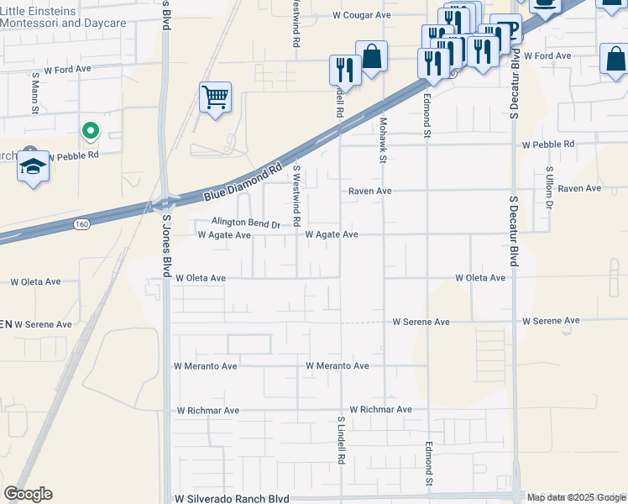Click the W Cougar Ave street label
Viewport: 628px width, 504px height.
(x=362, y=15)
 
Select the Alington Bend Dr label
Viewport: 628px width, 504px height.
(x=245, y=223)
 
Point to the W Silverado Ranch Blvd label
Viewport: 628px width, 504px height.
(x=232, y=498)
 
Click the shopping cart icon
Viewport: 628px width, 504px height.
(x=216, y=97)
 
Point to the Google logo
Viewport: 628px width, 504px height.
(x=28, y=494)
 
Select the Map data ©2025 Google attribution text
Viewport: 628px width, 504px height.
(x=576, y=497)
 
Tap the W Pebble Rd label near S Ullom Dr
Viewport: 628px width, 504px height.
(x=548, y=144)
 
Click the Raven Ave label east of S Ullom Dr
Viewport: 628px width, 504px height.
(x=580, y=189)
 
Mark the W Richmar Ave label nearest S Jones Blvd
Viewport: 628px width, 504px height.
(x=208, y=411)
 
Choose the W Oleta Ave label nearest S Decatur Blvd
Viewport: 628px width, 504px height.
(x=480, y=277)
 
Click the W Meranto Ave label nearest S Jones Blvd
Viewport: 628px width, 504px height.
(x=206, y=366)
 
